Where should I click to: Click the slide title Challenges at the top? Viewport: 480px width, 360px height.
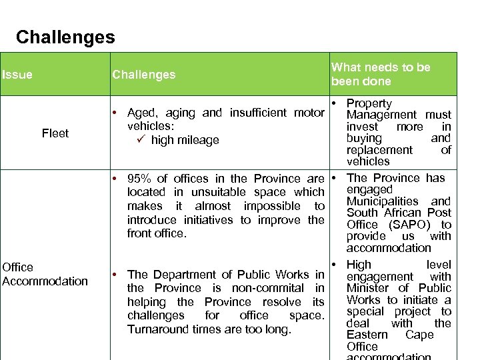(65, 37)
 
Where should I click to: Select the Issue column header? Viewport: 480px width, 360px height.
(17, 75)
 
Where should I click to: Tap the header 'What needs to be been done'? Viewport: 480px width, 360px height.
(381, 74)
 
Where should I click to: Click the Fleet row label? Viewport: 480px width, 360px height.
(55, 133)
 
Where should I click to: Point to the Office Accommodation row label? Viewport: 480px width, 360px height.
(45, 274)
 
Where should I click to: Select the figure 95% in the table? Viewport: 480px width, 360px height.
(141, 179)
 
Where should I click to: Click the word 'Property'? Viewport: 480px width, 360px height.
(369, 103)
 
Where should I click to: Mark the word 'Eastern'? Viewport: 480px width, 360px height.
(367, 335)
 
